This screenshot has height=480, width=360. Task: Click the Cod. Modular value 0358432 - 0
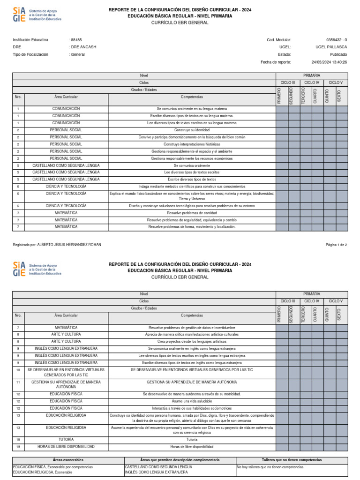point(337,40)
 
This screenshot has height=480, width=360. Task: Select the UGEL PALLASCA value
point(331,47)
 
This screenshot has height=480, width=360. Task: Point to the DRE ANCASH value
point(81,47)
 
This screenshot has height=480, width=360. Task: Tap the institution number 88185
point(75,40)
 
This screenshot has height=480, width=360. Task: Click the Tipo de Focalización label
point(30,55)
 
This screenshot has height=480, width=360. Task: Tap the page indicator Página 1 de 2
point(336,245)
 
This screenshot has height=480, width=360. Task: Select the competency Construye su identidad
point(192,130)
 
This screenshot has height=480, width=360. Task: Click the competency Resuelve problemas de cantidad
point(192,213)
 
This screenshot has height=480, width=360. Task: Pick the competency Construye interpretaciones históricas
point(192,144)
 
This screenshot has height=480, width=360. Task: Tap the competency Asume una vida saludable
point(192,401)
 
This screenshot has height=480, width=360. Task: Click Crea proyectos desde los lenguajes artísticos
point(192,342)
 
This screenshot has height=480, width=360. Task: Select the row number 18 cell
point(18,440)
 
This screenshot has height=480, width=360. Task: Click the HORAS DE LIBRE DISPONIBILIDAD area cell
point(66,447)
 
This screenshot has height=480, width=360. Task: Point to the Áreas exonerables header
point(67,460)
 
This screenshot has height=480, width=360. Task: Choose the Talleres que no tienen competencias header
point(292,460)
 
